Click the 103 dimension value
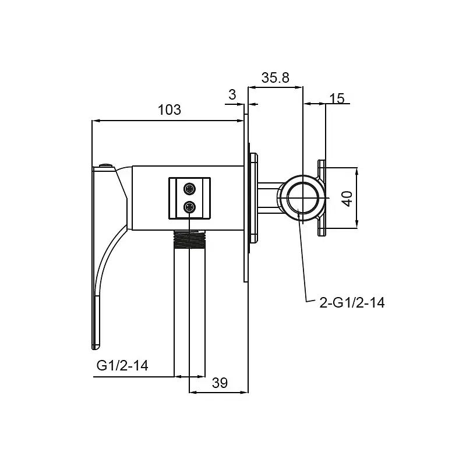169,110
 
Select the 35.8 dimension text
275,78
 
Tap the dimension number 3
232,95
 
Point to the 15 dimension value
337,98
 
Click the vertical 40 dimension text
347,199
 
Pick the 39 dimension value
220,383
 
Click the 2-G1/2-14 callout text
352,303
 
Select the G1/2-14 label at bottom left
122,365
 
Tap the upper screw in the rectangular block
190,189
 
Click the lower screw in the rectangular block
190,207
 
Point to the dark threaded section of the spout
190,239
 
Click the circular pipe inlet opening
303,197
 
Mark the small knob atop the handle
106,165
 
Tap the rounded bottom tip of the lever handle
96,347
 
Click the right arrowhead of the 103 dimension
240,121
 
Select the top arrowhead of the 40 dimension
357,171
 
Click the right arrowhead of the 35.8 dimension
299,87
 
